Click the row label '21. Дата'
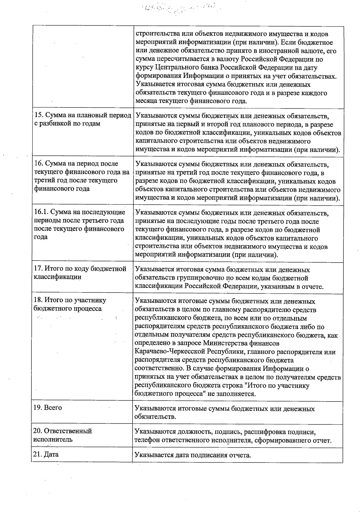click(x=46, y=454)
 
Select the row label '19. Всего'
click(x=47, y=408)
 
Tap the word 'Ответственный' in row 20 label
click(x=68, y=431)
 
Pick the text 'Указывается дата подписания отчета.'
click(x=193, y=455)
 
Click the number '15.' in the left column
click(x=39, y=115)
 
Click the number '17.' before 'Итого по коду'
click(x=39, y=269)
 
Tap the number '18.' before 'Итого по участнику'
click(x=39, y=300)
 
